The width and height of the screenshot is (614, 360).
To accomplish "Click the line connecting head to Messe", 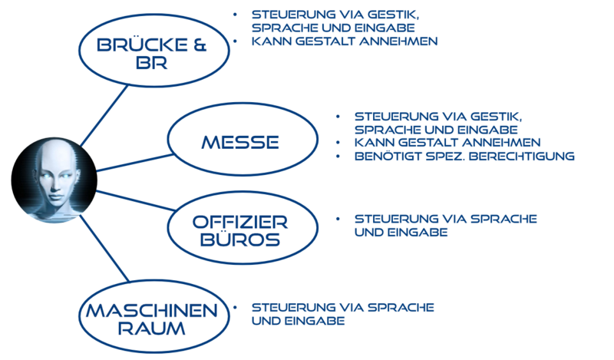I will click(130, 163).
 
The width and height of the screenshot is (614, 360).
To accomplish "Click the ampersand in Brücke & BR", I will click(198, 46).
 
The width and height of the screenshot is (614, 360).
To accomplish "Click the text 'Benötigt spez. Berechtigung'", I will click(464, 157).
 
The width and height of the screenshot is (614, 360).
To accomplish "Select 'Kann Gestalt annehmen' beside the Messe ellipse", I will click(448, 143).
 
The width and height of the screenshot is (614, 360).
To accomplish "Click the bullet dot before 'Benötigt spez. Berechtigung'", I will click(338, 157).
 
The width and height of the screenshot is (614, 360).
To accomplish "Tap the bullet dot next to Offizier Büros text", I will click(338, 219).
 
